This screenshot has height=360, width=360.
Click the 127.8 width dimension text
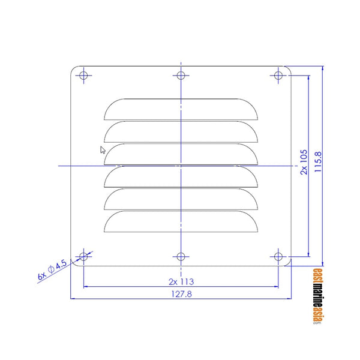tap(181, 294)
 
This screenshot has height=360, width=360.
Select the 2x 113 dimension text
tap(181, 281)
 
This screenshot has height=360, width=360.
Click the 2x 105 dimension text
tap(304, 162)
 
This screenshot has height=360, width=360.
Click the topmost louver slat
tap(181, 107)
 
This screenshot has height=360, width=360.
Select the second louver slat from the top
tap(181, 130)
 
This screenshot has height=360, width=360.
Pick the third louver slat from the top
tap(181, 153)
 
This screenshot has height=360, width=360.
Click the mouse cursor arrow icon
tap(103, 150)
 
